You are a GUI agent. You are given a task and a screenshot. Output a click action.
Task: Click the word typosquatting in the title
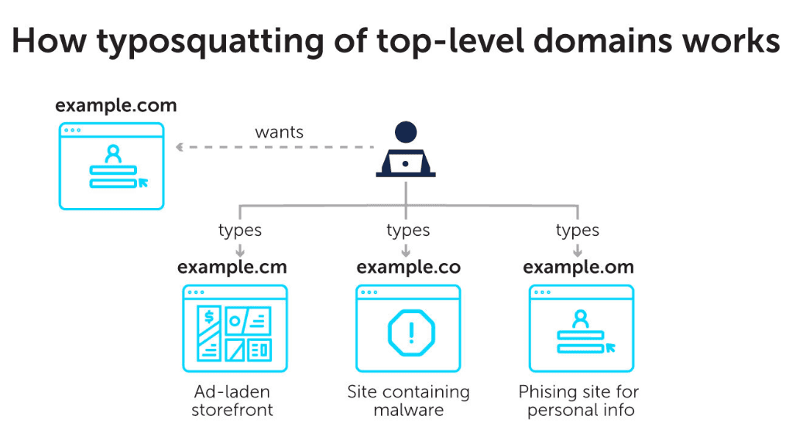[210, 43]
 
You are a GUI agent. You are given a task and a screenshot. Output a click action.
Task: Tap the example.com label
[116, 106]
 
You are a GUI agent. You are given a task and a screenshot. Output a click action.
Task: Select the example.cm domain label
[232, 268]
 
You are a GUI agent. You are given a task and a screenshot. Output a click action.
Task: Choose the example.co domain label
[409, 268]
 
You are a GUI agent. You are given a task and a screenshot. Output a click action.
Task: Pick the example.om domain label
[578, 268]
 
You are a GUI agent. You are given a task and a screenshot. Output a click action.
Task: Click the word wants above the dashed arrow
[280, 132]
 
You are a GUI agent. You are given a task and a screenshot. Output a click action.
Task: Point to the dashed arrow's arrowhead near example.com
[179, 147]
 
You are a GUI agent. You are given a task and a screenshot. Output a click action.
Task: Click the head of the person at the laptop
[406, 132]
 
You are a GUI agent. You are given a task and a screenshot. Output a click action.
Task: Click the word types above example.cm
[239, 230]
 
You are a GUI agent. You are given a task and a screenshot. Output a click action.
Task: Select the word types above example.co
[407, 230]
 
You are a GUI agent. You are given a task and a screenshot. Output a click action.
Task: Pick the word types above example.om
[577, 230]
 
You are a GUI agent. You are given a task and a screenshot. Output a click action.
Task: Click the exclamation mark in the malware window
[411, 333]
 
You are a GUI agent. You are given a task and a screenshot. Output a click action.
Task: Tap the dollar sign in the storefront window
[208, 317]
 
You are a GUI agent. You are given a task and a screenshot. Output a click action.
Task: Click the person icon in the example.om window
[580, 319]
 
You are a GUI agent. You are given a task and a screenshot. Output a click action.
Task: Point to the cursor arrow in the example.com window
[143, 183]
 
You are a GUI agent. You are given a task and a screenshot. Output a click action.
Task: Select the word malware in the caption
[409, 410]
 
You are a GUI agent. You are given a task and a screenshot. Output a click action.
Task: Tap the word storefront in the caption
[232, 410]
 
